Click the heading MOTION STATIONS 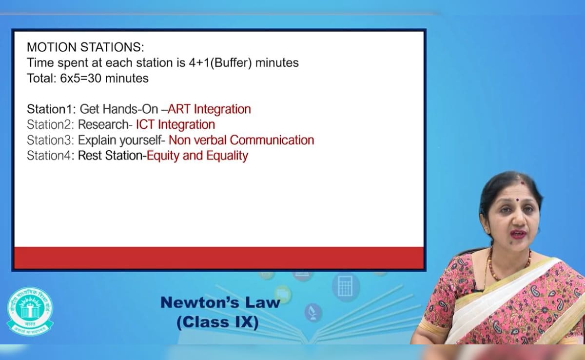(x=85, y=48)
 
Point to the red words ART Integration (x=209, y=109)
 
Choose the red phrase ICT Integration (x=175, y=125)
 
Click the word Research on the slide (x=103, y=125)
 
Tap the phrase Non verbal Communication (x=241, y=140)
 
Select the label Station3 (x=51, y=140)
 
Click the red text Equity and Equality (x=197, y=156)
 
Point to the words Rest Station (x=110, y=156)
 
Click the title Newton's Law (x=220, y=302)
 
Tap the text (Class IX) (x=217, y=322)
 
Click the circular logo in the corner (x=30, y=310)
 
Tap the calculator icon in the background (x=345, y=286)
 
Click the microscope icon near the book (x=313, y=312)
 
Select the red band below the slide (x=219, y=258)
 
